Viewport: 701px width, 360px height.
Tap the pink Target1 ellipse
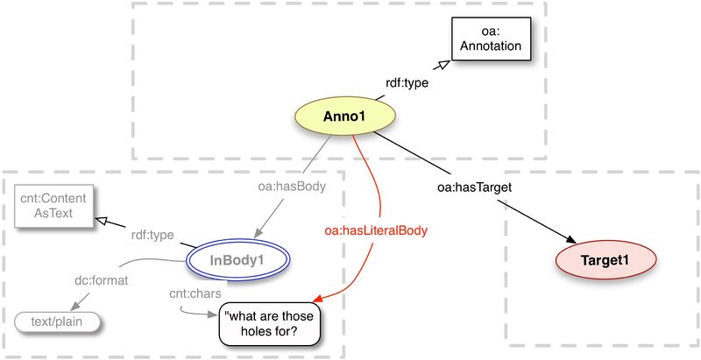tap(605, 259)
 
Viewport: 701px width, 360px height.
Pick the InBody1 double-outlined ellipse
tap(237, 259)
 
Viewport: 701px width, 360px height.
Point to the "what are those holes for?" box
tap(270, 322)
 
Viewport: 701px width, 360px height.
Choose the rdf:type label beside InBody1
tap(152, 235)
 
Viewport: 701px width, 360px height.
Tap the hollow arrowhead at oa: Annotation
tap(443, 66)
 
